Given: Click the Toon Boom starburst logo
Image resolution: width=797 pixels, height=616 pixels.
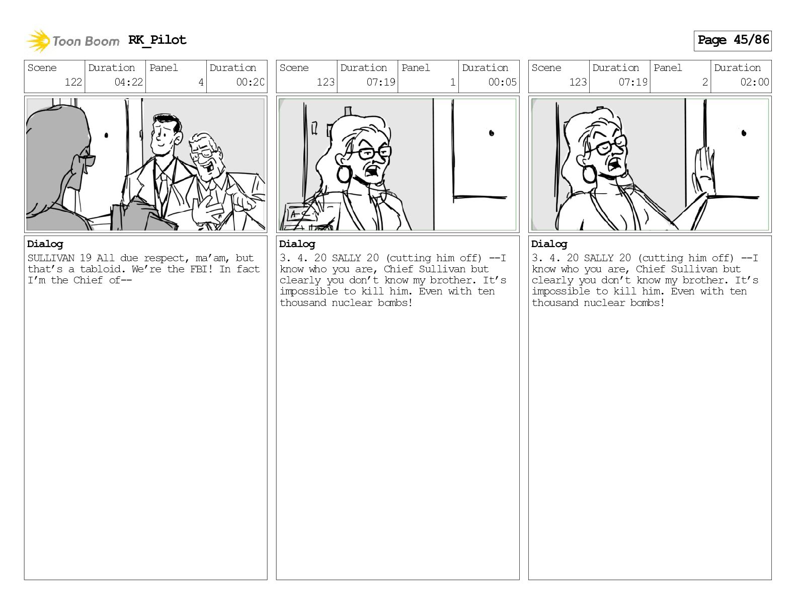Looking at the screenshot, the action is click(38, 41).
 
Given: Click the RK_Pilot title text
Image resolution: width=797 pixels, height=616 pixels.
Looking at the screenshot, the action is click(157, 40).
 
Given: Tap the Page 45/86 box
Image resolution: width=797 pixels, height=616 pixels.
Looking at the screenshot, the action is click(733, 41).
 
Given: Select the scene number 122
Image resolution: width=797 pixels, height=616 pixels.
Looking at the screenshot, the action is click(73, 82).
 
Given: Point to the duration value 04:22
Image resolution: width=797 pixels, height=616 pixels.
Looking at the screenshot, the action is click(129, 82).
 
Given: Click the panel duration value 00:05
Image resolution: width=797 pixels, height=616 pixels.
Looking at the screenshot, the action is click(502, 82).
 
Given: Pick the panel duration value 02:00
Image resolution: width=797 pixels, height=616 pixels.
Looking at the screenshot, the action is click(754, 82).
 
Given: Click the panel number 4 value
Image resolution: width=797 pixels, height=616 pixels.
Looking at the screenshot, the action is click(201, 82).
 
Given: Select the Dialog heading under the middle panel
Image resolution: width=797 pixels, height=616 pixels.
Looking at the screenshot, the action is click(297, 245).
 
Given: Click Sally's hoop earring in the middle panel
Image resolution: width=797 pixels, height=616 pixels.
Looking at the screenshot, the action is click(344, 174).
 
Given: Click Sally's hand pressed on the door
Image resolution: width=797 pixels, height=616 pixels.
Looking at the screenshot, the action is click(703, 173).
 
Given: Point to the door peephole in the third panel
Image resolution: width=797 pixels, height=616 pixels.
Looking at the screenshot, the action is click(744, 133).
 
